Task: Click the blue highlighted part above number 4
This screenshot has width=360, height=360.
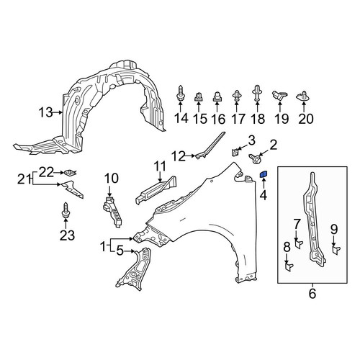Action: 264,174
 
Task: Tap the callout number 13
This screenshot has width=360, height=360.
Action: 45,112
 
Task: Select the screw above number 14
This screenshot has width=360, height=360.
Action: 180,94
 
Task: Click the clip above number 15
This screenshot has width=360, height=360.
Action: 198,96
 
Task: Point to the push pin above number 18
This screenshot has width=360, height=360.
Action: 256,94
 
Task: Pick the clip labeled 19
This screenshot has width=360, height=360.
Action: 279,96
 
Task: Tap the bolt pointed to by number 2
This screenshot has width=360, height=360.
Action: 256,158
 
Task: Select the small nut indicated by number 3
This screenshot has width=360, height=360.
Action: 235,153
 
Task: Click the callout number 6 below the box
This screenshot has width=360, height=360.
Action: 312,294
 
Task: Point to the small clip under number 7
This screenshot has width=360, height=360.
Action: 298,245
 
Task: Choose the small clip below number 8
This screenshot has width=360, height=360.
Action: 289,267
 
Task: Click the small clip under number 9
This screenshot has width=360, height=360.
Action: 336,251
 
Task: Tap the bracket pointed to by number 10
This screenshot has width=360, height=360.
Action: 113,212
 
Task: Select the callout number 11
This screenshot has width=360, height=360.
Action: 160,166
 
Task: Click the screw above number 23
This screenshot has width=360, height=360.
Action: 66,211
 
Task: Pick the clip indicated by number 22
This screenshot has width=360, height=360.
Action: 70,173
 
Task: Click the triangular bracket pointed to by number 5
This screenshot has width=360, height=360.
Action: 135,269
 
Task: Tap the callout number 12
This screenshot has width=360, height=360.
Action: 179,156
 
